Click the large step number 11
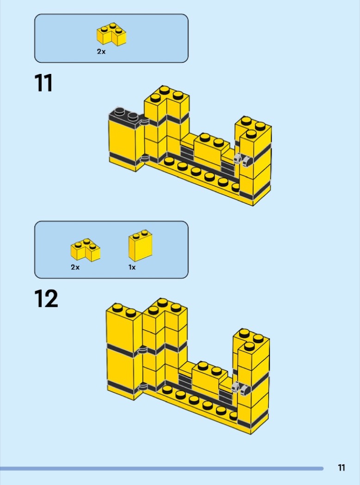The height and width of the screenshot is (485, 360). [x=43, y=83]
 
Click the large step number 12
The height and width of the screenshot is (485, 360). [x=46, y=298]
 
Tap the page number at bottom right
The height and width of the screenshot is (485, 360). [x=341, y=467]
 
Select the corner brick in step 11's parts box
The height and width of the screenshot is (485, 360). [x=111, y=34]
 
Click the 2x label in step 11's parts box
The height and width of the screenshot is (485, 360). [x=101, y=52]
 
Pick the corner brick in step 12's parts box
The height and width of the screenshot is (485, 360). [x=85, y=249]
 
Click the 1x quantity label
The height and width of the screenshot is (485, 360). [x=132, y=267]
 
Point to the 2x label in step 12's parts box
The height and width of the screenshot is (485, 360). [x=75, y=267]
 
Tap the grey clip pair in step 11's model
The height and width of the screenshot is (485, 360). [x=242, y=160]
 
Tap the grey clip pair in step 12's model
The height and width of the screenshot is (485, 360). [x=240, y=388]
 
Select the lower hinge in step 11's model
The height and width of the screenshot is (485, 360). [x=144, y=159]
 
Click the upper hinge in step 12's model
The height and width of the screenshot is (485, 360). [x=142, y=350]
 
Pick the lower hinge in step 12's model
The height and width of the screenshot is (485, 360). [x=142, y=387]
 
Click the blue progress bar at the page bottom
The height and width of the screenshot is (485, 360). [x=162, y=469]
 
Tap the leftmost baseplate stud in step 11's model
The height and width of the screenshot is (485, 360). [x=169, y=161]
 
